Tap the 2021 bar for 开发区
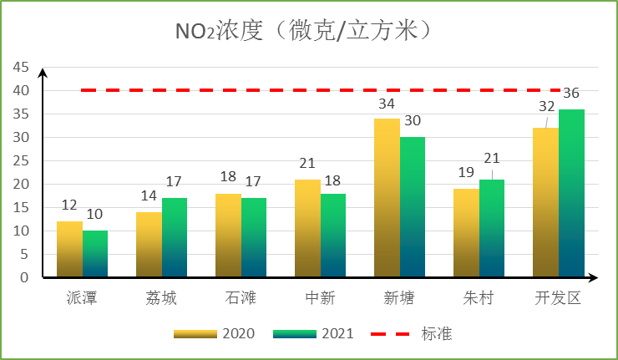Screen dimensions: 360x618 click(x=571, y=193)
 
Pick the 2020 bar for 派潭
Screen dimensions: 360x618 click(x=69, y=249)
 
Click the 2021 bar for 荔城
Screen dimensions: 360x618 click(x=175, y=237)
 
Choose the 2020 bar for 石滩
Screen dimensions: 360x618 click(x=228, y=236)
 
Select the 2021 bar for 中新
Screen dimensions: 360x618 click(x=333, y=236)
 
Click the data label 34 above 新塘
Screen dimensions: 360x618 click(x=387, y=104)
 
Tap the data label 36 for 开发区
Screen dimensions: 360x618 click(x=571, y=93)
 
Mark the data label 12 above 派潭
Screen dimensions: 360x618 click(x=69, y=205)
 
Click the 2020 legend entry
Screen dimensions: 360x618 click(x=214, y=333)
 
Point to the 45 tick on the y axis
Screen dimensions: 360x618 click(x=19, y=67)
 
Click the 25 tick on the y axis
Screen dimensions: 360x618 click(x=19, y=160)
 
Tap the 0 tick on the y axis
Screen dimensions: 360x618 click(x=23, y=277)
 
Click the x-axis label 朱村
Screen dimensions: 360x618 click(x=479, y=298)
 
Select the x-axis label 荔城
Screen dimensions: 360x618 click(x=161, y=298)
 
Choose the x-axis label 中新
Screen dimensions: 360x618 click(x=320, y=298)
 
